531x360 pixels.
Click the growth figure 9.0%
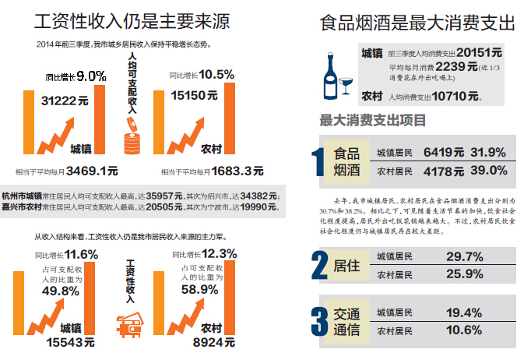pos(91,76)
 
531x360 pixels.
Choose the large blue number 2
pos(318,265)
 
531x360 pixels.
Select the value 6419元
pos(443,152)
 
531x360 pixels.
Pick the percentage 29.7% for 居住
pos(466,256)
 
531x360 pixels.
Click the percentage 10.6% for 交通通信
pos(466,330)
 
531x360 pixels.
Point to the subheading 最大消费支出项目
pos(372,120)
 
